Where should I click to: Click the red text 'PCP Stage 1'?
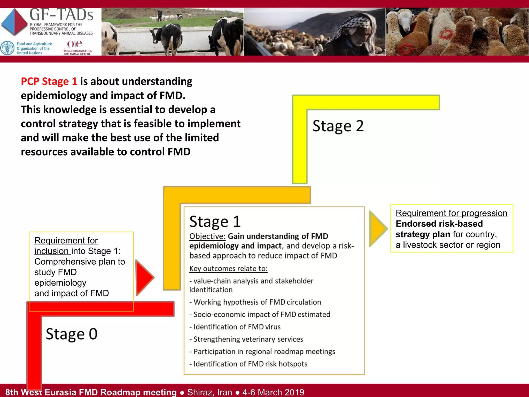click(49, 82)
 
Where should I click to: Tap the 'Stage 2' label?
click(338, 126)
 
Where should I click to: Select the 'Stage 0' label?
click(72, 334)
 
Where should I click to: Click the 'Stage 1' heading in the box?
click(215, 222)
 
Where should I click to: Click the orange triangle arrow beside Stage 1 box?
click(377, 228)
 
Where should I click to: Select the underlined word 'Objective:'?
click(207, 236)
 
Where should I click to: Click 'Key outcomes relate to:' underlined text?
click(228, 269)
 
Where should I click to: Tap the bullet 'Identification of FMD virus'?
click(237, 327)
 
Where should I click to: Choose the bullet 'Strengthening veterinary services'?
click(248, 339)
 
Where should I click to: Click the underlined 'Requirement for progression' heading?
click(451, 213)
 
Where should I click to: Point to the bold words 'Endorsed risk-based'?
click(439, 224)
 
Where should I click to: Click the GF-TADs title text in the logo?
click(61, 15)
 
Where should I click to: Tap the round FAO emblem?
click(7, 48)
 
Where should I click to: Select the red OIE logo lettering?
click(74, 44)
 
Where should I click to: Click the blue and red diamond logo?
click(14, 22)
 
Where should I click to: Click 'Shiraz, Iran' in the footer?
click(209, 392)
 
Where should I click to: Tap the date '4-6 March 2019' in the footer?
click(273, 392)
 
